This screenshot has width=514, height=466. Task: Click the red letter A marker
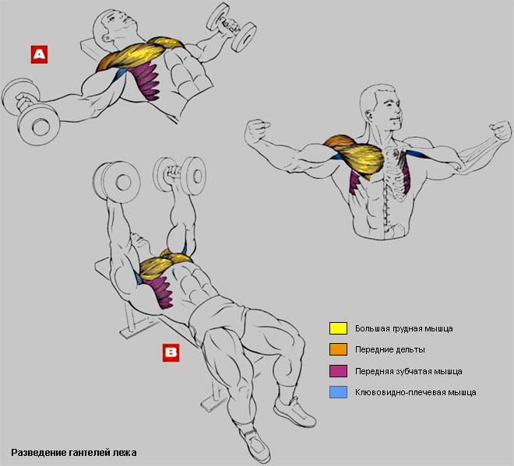[x=39, y=54]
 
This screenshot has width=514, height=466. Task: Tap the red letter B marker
[x=171, y=352]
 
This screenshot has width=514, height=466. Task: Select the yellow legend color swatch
[x=338, y=328]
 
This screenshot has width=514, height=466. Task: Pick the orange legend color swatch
[x=338, y=349]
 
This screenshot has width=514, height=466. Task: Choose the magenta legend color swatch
[x=338, y=371]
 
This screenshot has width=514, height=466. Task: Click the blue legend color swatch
[x=338, y=392]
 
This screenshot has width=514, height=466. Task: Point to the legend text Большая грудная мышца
[x=404, y=329]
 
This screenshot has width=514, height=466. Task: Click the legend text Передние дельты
[x=389, y=350]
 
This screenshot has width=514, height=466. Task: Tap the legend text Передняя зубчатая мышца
[x=408, y=372]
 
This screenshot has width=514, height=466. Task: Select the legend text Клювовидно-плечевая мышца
[x=415, y=392]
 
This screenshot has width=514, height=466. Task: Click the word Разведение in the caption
[x=39, y=453]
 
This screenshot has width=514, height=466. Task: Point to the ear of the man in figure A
[x=106, y=37]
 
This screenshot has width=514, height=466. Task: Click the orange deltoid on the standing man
[x=340, y=142]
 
